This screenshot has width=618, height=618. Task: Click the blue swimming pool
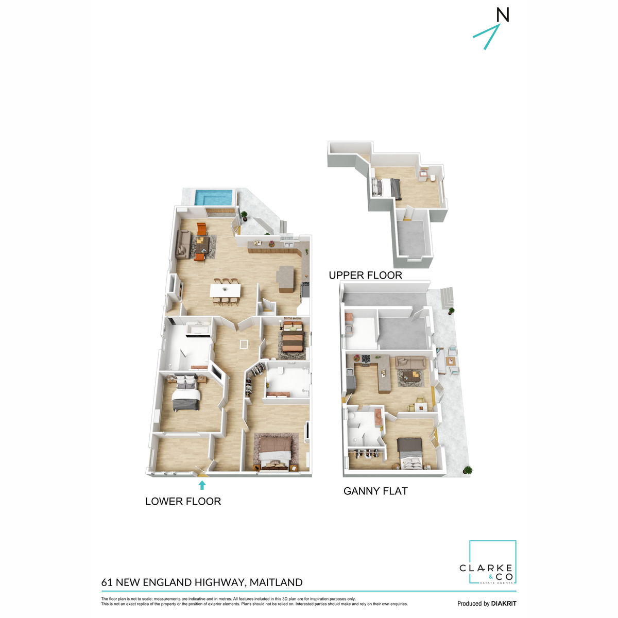214,198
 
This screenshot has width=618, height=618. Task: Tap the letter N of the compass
502,15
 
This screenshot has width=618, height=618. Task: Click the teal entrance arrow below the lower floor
202,485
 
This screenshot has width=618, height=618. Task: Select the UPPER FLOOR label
365,275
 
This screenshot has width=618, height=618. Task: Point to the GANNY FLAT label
375,491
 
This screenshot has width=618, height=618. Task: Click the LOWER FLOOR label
183,501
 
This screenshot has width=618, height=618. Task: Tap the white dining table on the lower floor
225,290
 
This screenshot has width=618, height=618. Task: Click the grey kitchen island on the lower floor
285,279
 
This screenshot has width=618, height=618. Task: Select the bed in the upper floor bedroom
386,187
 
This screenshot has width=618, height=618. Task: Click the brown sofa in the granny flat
410,362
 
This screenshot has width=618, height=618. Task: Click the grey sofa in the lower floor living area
183,244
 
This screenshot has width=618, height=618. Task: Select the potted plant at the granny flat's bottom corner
468,470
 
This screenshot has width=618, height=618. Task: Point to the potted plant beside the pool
245,215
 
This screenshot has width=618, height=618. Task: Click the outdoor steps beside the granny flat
448,298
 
